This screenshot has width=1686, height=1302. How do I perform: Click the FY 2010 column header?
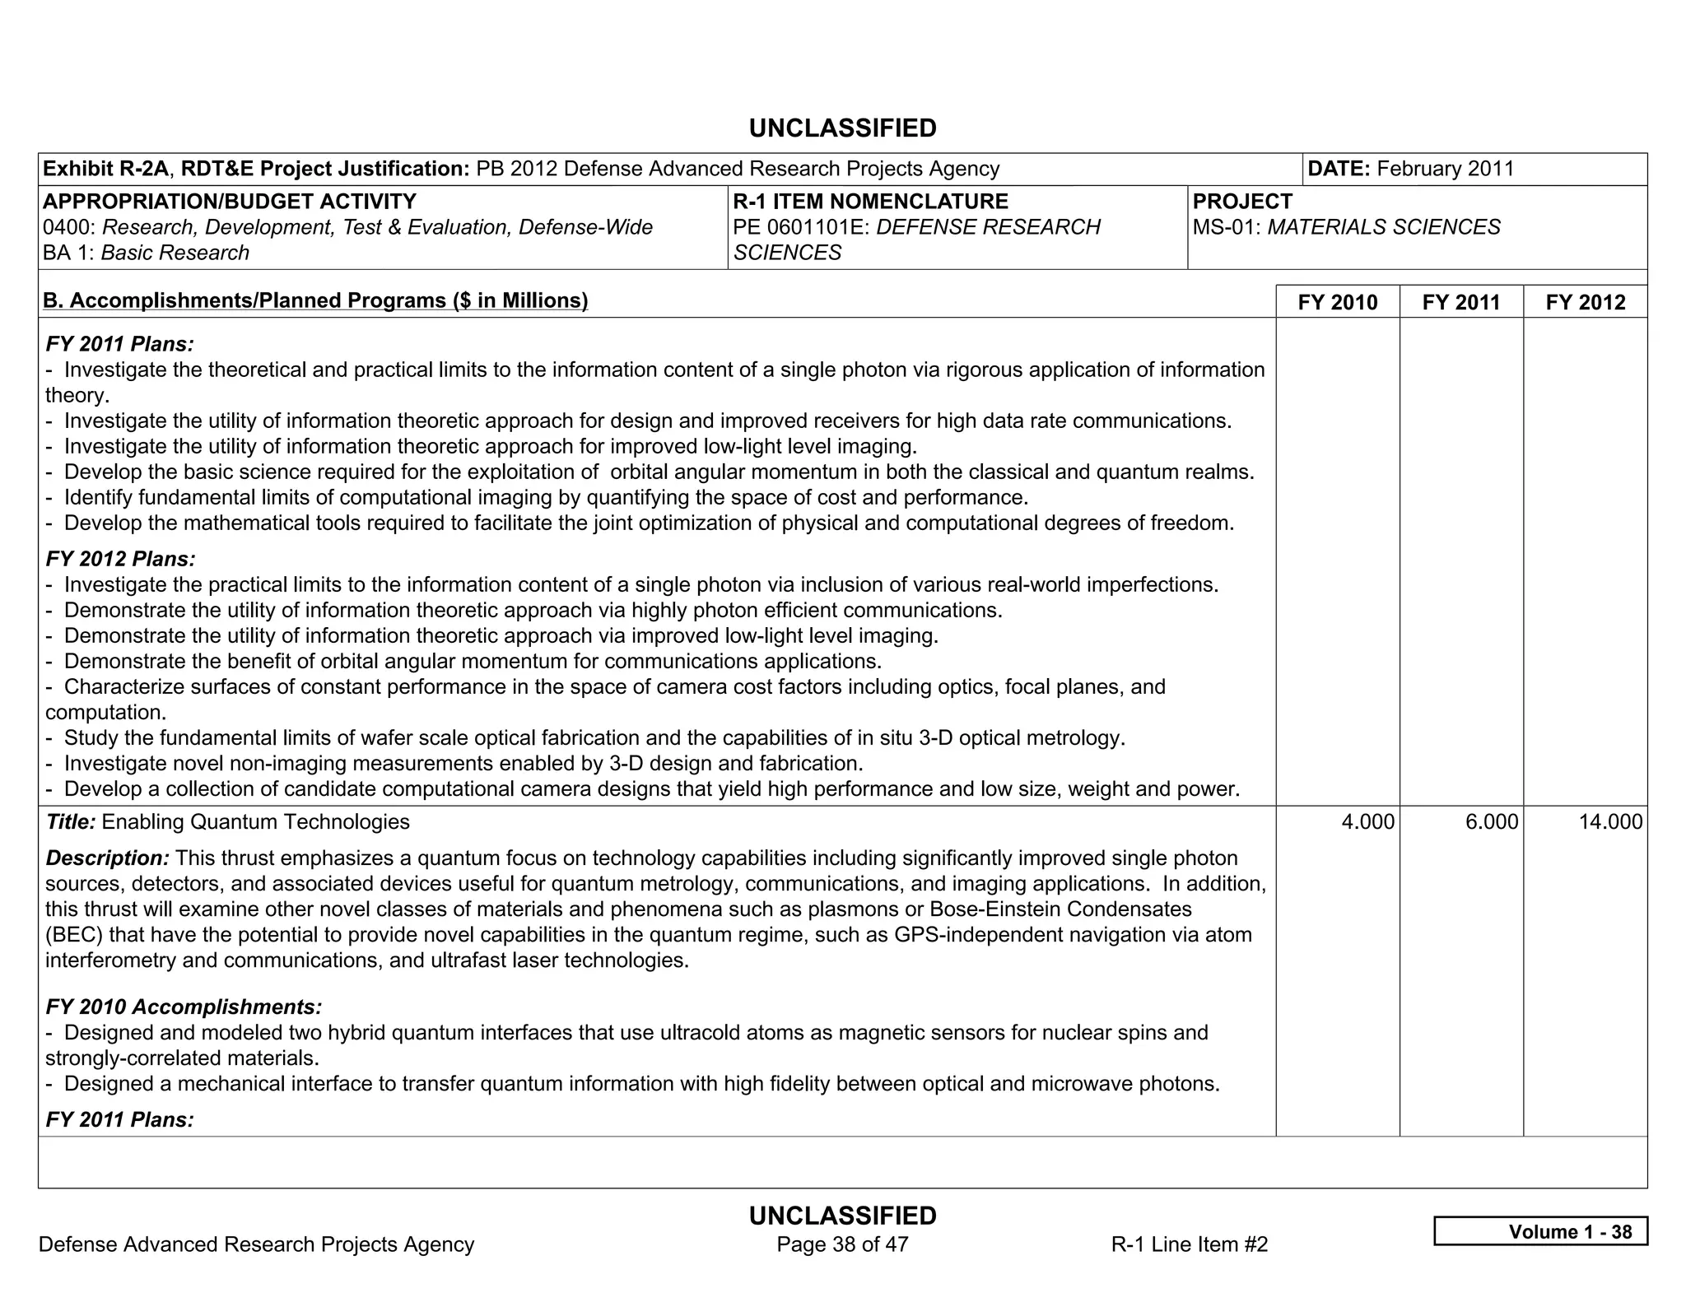1337,302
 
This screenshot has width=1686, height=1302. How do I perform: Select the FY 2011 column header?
1461,302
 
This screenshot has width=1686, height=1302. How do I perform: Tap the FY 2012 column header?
1586,302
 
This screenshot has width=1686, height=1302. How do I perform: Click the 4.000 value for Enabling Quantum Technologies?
1367,821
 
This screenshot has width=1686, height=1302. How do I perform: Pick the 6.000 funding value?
1492,821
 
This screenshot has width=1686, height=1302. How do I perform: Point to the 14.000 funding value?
1610,821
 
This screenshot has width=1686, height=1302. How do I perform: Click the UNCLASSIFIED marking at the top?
842,128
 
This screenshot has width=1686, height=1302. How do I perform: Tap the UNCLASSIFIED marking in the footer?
842,1216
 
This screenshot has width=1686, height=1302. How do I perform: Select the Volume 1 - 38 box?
1540,1231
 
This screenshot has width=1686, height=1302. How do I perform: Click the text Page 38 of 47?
842,1244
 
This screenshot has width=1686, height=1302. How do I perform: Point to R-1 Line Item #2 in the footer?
1189,1244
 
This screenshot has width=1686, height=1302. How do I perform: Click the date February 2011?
1445,169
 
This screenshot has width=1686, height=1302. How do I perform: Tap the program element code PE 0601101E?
800,227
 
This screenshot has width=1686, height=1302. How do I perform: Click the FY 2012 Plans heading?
120,559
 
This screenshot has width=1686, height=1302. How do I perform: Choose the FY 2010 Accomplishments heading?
184,1007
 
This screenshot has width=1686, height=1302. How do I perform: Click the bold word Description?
107,858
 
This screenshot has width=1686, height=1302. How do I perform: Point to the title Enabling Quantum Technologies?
255,821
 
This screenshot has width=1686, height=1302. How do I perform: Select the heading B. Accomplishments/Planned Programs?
315,300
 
